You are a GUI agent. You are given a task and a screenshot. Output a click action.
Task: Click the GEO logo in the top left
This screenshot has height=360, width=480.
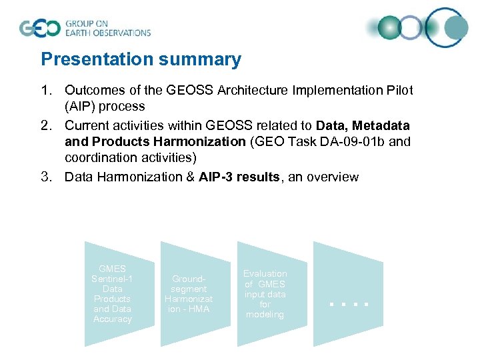pos(40,28)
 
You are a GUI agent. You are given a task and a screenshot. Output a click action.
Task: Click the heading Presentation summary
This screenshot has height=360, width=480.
pos(141,60)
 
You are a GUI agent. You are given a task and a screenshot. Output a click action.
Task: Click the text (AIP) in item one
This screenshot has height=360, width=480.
pos(105,107)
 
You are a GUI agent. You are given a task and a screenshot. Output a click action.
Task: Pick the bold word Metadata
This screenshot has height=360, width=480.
pos(381,125)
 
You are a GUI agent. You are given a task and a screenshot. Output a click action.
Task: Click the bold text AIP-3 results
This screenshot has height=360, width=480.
pos(239,177)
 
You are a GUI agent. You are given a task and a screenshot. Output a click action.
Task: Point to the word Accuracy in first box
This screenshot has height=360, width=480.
pos(113,319)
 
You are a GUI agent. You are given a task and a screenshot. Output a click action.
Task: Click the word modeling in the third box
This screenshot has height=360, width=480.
pos(265,315)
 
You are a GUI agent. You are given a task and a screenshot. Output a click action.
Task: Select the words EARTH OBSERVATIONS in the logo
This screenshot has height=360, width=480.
pos(107,32)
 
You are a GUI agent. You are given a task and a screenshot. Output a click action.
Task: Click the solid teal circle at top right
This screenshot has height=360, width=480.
pos(456,27)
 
